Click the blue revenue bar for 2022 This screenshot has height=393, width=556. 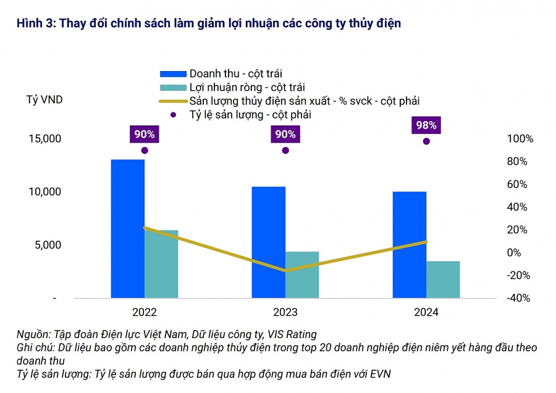click(x=127, y=229)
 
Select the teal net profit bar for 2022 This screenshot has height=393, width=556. click(x=161, y=264)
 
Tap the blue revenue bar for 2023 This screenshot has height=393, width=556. click(x=269, y=242)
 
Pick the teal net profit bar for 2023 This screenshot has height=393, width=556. click(x=302, y=274)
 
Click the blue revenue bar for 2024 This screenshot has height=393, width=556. click(x=410, y=245)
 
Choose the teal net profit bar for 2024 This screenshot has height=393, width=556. click(x=443, y=279)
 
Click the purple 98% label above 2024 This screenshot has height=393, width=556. click(x=426, y=125)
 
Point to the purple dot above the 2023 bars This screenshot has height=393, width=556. click(x=285, y=150)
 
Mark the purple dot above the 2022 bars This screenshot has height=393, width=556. click(x=145, y=150)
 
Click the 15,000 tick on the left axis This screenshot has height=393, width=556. click(x=44, y=138)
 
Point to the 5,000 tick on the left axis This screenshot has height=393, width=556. click(x=47, y=245)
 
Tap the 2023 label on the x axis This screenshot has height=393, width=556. click(x=285, y=313)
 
